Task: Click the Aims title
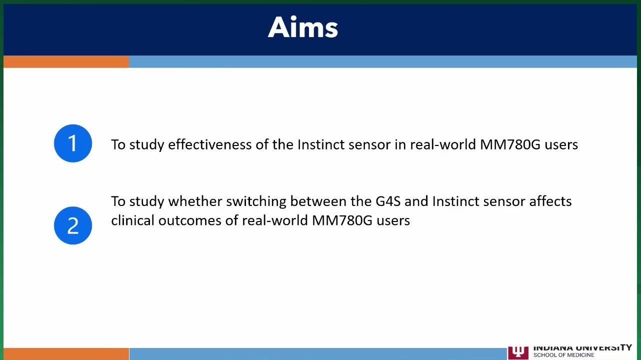[x=303, y=27]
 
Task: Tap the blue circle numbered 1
[x=73, y=143]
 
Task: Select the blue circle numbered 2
[x=73, y=225]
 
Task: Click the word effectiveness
[x=210, y=144]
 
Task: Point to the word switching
[x=256, y=201]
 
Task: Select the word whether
[x=195, y=201]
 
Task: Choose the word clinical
[x=132, y=220]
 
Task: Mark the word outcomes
[x=189, y=221]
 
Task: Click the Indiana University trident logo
[x=518, y=353]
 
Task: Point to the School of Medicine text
[x=563, y=355]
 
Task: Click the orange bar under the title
[x=66, y=62]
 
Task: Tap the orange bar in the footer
[x=66, y=354]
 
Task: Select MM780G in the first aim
[x=510, y=144]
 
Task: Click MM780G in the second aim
[x=342, y=221]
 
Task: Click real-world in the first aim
[x=443, y=144]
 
